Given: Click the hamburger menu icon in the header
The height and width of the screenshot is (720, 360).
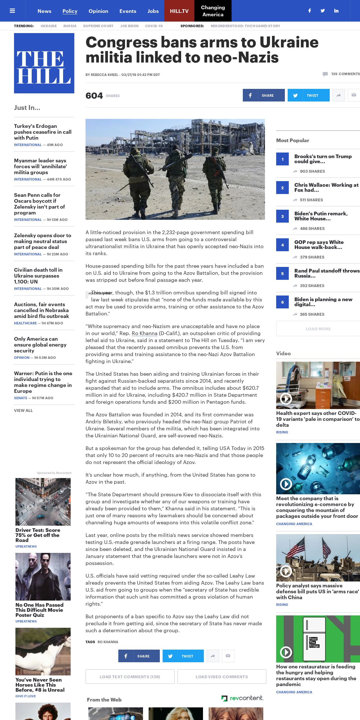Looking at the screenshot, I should coord(12,11).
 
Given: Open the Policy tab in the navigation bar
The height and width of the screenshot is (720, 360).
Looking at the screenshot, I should coord(70,11).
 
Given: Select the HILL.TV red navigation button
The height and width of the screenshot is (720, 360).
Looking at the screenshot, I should coord(179,11).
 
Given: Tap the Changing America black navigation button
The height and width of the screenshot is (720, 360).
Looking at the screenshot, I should coord(213,11).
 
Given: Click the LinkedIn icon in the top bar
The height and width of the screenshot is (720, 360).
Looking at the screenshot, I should coord(336,11).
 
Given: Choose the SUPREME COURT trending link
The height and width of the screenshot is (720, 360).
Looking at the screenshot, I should coord(98,26).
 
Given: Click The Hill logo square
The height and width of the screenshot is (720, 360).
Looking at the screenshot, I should coord(44,63).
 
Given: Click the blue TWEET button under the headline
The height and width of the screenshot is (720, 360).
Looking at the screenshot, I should coord(308,95).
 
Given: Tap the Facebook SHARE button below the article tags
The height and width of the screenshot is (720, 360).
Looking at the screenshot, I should coord(139,656).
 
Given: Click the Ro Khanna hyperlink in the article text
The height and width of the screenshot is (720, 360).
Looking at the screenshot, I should coord(144,333).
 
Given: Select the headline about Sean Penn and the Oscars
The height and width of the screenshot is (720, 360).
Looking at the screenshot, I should coord(39,204).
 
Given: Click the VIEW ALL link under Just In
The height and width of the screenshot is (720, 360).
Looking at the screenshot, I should coord(23,410).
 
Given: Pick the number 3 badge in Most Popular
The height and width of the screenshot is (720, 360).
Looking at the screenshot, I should coord(282,216).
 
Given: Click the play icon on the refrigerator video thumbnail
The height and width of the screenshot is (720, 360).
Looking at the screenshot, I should coord(286,652).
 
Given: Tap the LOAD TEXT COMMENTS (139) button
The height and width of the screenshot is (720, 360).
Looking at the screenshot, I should coord(130,677).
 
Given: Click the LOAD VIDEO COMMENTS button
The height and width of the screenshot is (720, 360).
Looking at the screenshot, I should coord(221,677).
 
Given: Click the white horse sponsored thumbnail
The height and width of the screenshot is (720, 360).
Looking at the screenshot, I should coord(43,651).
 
